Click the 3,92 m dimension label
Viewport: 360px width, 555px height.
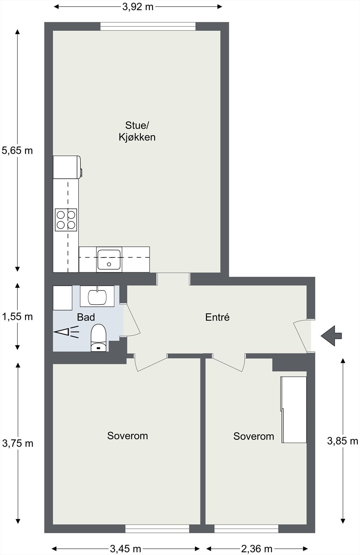[138, 7]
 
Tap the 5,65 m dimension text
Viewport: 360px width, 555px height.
[17, 151]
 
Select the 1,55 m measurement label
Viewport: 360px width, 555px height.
[17, 316]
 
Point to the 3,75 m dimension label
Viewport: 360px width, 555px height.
[18, 443]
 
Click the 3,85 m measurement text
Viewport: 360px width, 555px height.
[343, 441]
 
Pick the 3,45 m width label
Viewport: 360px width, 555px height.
[126, 548]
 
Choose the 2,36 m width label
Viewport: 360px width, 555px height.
[257, 548]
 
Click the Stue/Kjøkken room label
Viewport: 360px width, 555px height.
[137, 131]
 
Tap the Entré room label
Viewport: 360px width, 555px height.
[217, 317]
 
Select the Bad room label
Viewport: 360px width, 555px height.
[86, 317]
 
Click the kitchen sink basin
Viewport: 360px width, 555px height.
[109, 259]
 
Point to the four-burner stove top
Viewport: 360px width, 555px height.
[66, 220]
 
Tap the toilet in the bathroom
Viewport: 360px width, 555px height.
[98, 338]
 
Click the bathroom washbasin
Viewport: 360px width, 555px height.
[97, 296]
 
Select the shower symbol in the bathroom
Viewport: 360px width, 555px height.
[66, 332]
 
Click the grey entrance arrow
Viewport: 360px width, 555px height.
[331, 336]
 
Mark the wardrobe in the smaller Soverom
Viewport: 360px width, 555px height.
[294, 410]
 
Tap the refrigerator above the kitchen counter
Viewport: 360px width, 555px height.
[68, 167]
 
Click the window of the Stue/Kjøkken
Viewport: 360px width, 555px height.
[148, 26]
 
